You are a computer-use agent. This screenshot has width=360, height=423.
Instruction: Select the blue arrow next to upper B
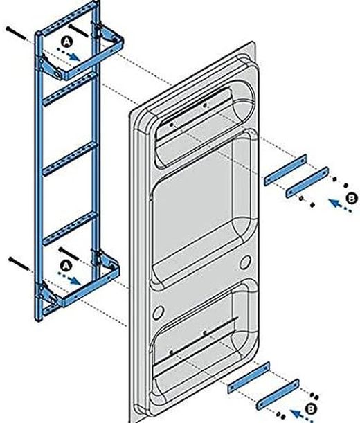click(x=336, y=204)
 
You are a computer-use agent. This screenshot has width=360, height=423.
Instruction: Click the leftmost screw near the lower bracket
click(x=19, y=261)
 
